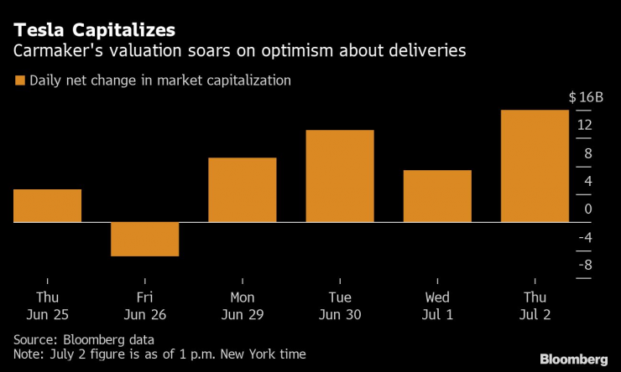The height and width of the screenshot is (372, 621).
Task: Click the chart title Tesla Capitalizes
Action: [93, 29]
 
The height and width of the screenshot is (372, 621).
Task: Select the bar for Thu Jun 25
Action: [48, 205]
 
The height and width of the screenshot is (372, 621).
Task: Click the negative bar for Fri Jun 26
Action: [145, 239]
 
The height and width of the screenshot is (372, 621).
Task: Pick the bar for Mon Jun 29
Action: [242, 189]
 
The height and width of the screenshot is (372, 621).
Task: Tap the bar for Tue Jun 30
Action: [339, 176]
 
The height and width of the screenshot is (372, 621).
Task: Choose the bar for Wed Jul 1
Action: [437, 196]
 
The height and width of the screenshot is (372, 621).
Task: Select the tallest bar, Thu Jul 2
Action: [535, 166]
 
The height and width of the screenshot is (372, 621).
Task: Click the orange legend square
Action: [18, 80]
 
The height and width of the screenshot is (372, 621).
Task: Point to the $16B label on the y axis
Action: [586, 97]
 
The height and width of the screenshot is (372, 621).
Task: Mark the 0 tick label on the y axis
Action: [588, 209]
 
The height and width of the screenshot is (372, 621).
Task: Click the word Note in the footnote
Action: [29, 354]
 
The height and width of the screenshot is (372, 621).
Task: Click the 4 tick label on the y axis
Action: [588, 181]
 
